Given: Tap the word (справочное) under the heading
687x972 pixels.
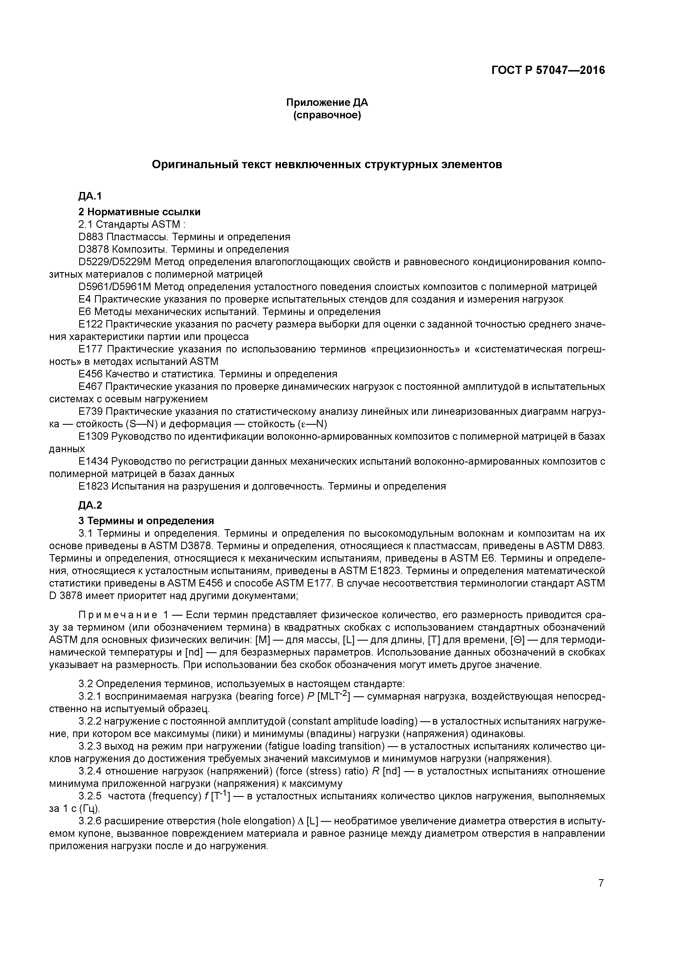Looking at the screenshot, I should [327, 115].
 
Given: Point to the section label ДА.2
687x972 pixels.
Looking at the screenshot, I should [90, 505].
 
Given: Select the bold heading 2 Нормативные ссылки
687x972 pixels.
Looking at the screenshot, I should [139, 212].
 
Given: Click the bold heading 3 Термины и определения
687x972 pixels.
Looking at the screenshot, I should [146, 521].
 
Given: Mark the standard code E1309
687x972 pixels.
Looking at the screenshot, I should [94, 436].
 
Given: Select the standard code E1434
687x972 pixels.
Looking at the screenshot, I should [94, 461].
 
